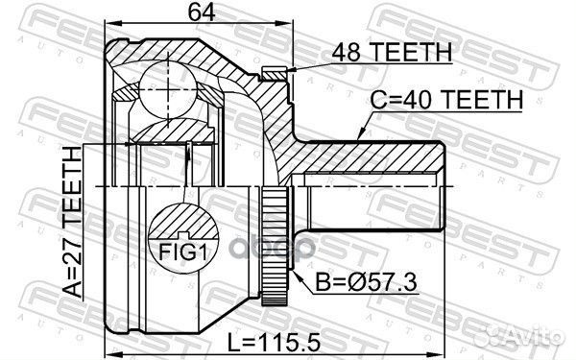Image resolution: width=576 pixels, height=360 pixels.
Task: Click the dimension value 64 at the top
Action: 202,12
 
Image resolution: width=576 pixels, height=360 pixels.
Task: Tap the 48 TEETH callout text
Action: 392,52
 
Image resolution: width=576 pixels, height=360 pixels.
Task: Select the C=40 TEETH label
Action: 446,99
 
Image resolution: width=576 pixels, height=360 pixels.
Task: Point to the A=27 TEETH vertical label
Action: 72,222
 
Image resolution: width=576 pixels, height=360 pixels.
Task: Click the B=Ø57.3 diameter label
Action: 367,282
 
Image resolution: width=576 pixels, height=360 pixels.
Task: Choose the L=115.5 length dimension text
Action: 274,343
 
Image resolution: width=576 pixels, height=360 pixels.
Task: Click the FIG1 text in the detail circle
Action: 183,252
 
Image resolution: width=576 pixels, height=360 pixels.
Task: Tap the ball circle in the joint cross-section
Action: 168,89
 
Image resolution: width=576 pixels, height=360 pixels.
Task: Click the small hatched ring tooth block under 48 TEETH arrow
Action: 274,74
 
